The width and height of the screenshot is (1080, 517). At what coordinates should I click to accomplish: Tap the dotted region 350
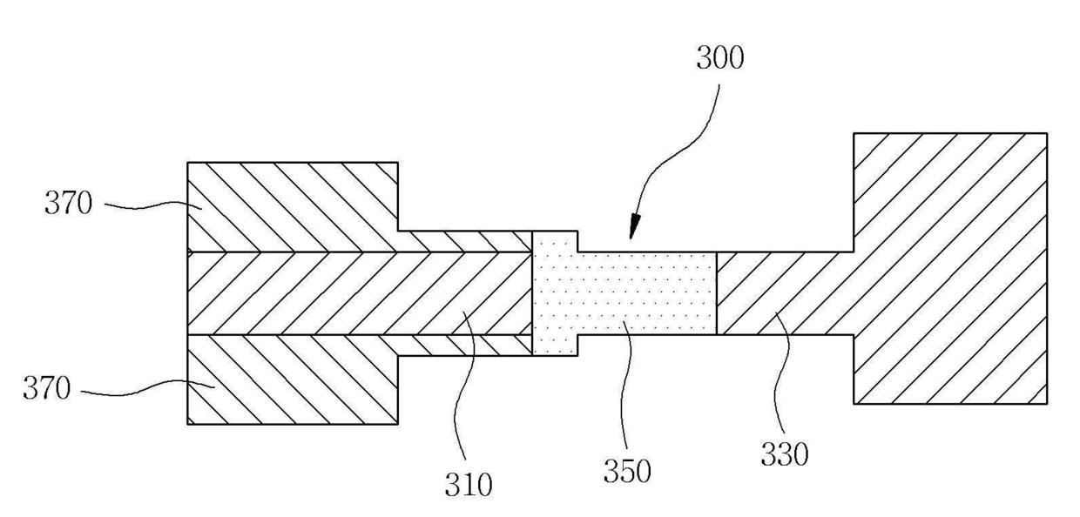coord(627,293)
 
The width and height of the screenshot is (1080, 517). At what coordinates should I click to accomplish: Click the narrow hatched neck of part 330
coord(784,293)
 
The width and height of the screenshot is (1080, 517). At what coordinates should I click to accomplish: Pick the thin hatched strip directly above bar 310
coord(465,241)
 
